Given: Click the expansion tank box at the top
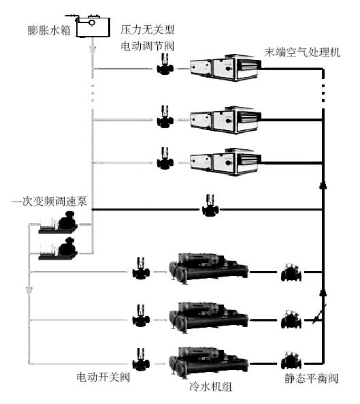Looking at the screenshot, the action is (93, 27).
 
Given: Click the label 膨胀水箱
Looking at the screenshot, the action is (49, 30).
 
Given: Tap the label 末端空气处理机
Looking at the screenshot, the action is (303, 52).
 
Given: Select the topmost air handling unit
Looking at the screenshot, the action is (226, 67).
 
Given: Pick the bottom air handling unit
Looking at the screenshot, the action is (226, 162).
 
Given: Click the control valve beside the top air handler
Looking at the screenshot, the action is (165, 65).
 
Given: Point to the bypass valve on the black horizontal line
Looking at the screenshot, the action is (210, 205).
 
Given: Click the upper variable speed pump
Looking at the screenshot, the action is (58, 223).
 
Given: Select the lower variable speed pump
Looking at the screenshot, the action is (58, 249).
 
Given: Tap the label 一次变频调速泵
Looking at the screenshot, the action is (50, 201).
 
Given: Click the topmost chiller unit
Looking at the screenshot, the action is (209, 268).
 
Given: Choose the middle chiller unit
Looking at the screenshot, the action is (209, 317).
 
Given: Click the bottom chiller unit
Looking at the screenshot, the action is (209, 362).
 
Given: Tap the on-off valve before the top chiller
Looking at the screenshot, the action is (141, 268).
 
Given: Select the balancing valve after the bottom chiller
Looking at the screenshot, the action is (291, 360).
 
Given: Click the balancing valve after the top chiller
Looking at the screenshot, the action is (291, 272).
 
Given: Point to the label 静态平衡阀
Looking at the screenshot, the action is (311, 379).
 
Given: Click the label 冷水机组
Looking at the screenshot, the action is (211, 387).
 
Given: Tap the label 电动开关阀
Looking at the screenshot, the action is (103, 377).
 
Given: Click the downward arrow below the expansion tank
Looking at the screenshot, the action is (93, 50).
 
